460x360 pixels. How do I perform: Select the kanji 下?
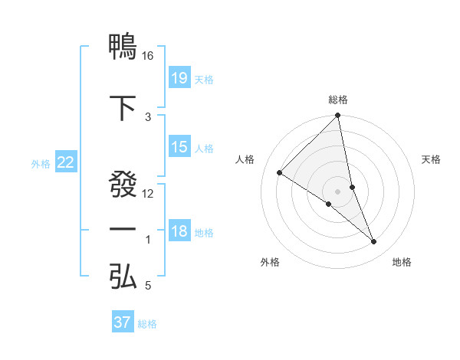123,108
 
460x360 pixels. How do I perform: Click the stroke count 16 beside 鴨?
148,55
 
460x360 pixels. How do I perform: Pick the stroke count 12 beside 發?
148,194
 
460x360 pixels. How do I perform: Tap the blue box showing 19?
179,77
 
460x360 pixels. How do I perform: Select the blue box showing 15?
179,147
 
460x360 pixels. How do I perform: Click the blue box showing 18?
179,231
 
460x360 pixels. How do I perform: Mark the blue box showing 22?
66,162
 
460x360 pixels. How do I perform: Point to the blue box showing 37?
123,322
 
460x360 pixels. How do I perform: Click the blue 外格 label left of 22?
41,163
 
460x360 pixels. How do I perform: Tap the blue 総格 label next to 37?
147,324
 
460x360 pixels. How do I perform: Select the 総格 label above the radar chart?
338,100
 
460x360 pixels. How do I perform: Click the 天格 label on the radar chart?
431,159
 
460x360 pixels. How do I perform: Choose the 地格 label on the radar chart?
402,262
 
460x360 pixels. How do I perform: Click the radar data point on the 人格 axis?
280,172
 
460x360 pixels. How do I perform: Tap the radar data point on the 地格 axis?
374,242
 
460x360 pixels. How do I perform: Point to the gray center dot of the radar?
338,191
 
